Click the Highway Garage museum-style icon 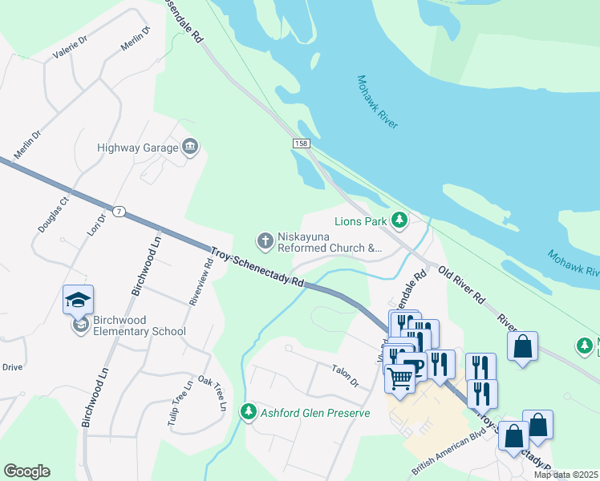click(190, 146)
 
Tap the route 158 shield click(298, 143)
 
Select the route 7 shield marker click(119, 211)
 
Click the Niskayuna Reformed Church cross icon click(264, 240)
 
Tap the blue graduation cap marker click(79, 300)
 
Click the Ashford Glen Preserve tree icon click(249, 412)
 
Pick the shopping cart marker click(399, 378)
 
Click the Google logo click(26, 471)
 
